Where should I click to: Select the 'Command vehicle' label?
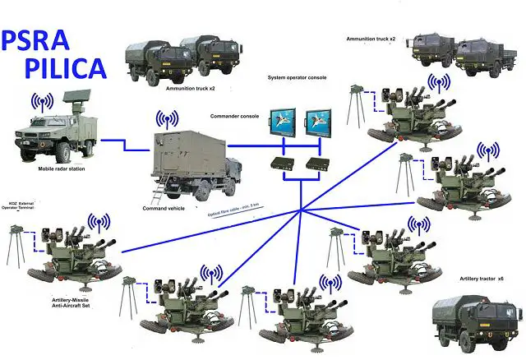point(164,209)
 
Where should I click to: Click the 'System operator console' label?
point(297,77)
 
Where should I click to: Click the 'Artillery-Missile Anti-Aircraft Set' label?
point(70,305)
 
